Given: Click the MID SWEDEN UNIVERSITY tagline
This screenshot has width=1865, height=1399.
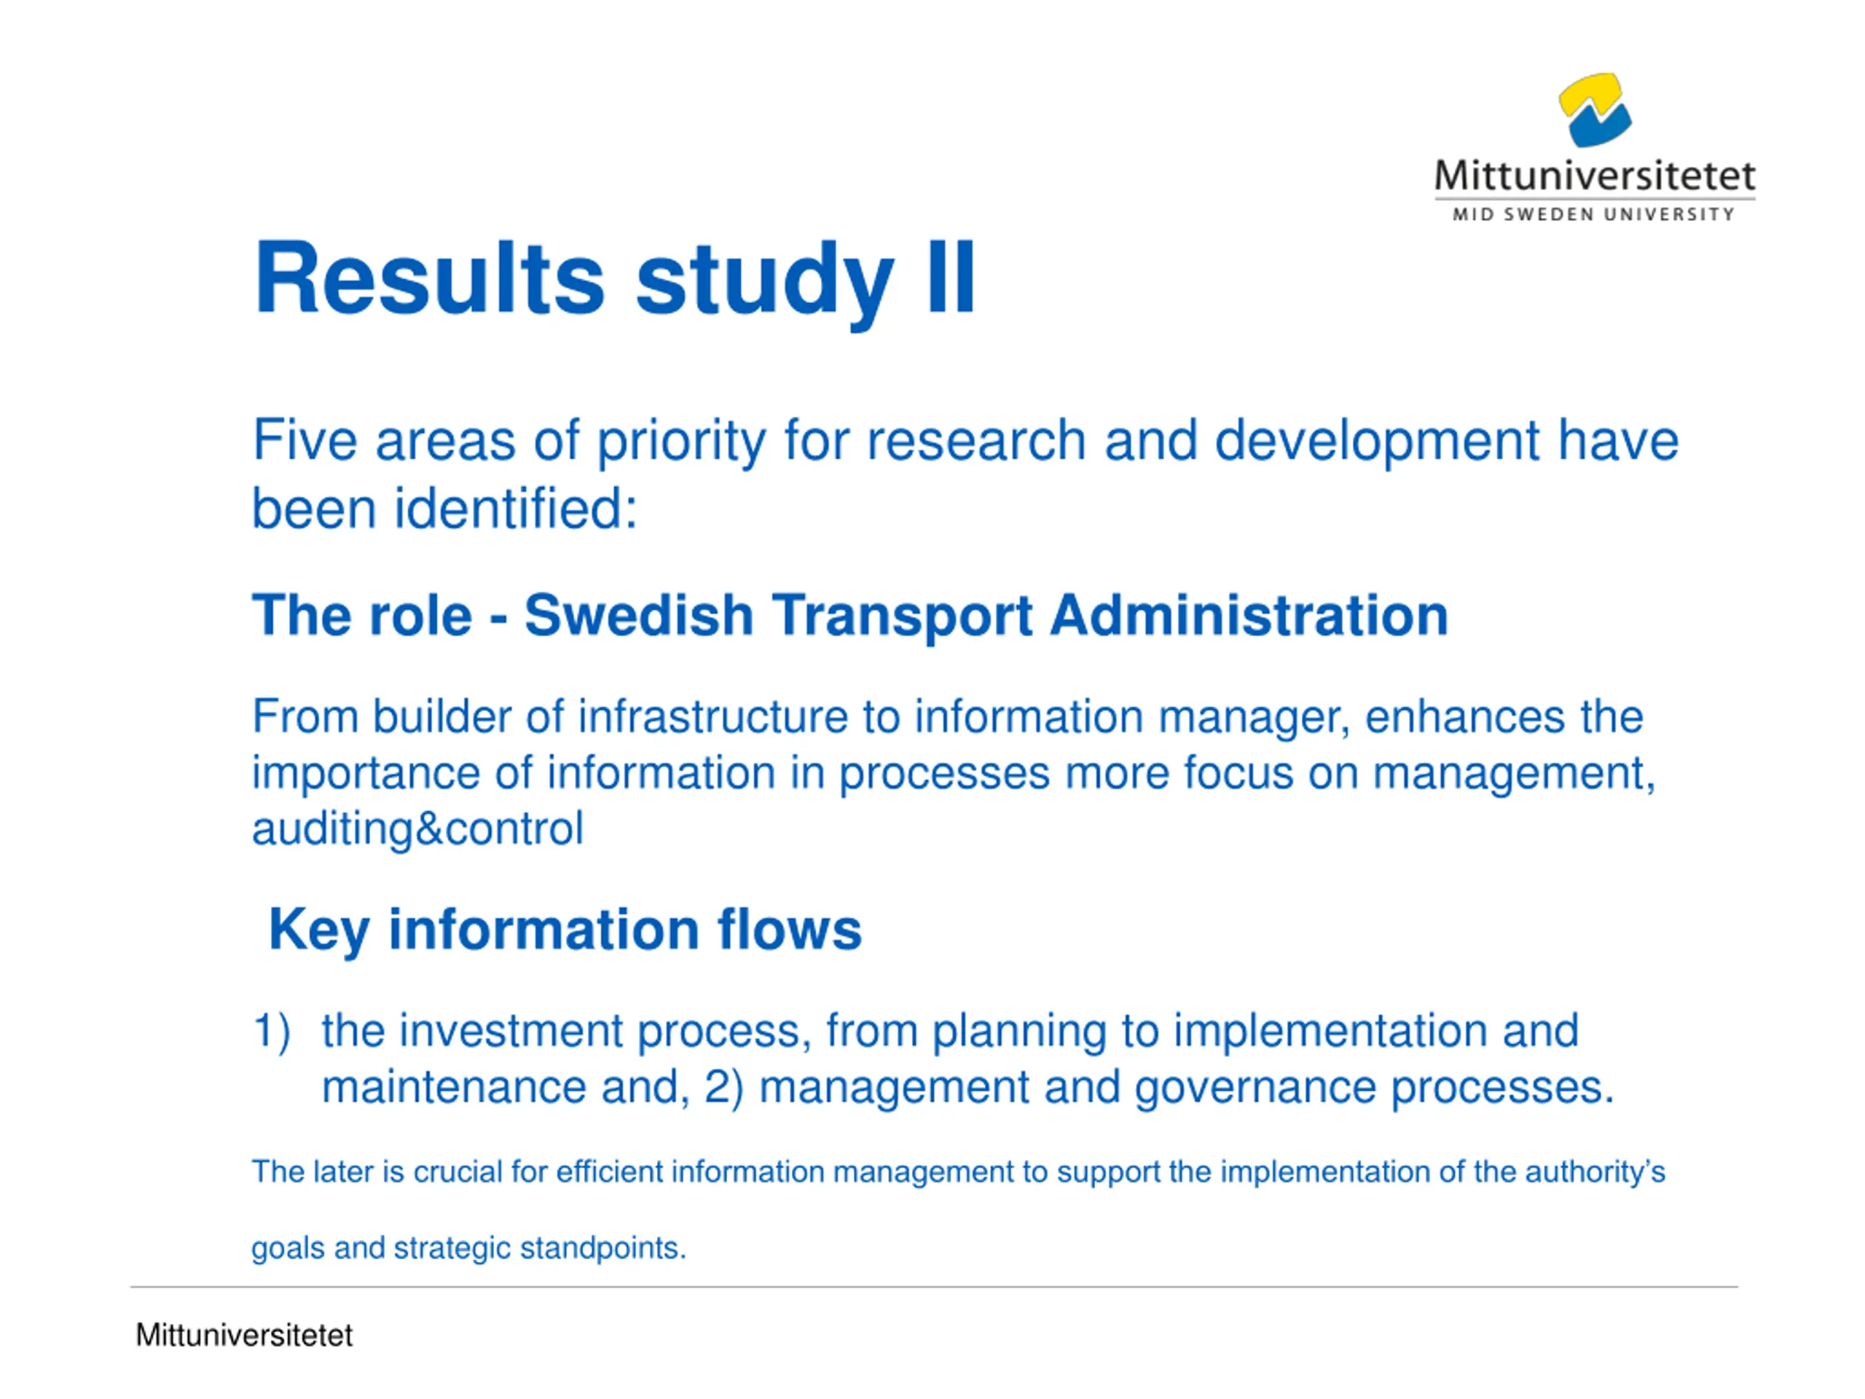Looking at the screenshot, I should pos(1593,215).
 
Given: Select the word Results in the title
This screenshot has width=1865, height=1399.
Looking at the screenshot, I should pos(429,278).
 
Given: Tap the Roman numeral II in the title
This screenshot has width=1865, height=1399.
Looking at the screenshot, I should pos(950,278).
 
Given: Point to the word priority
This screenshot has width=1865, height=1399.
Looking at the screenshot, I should pos(681,442).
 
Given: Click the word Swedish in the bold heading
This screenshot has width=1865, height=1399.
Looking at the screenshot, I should pos(638,615).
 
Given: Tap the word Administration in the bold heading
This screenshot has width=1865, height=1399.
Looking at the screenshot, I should pos(1249,615).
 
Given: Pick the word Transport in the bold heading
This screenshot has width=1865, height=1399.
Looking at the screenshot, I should pos(901,616).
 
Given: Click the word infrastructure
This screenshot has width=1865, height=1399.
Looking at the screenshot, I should pos(712,717).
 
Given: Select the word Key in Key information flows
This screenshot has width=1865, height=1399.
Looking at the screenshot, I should pos(318,930).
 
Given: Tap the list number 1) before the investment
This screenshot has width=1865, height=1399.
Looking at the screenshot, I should pos(272,1030).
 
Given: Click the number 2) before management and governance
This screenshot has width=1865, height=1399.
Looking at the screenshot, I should pos(723,1086).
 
